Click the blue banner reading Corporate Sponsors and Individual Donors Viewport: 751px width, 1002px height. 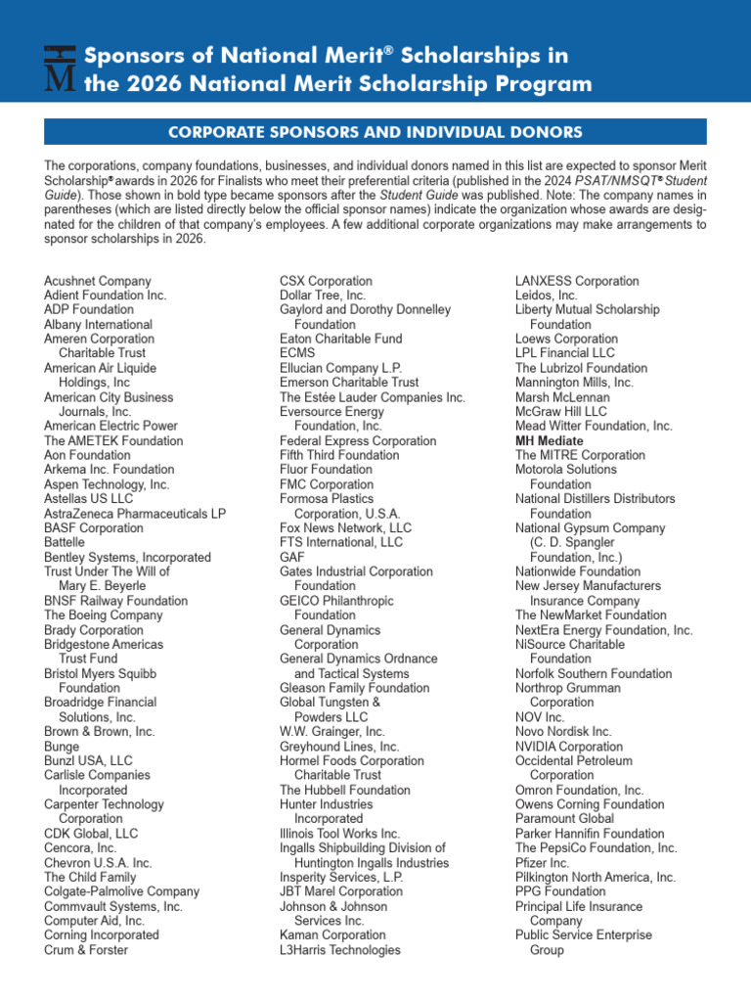375,132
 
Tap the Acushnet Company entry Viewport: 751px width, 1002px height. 98,281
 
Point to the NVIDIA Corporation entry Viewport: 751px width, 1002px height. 569,747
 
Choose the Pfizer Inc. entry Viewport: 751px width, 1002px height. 543,863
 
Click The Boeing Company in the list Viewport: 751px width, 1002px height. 103,615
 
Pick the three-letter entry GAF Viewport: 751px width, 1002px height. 291,557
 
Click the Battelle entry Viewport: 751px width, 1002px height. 65,542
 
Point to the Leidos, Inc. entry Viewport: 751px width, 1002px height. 547,296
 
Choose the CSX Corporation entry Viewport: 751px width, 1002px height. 326,281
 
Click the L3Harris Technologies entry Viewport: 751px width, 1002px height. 340,949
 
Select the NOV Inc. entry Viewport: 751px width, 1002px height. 540,717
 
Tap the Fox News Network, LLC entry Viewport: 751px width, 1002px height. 346,527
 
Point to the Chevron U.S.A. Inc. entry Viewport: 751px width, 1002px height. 98,863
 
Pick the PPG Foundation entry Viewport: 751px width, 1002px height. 560,891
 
